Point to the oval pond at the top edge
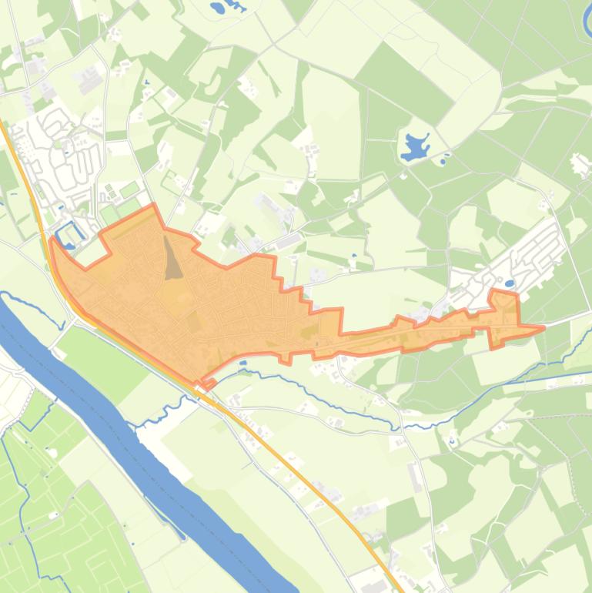coord(218,10)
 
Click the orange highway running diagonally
coord(308,477)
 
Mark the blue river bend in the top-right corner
coord(587,19)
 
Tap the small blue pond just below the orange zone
coord(243,363)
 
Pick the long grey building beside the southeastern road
coord(416,477)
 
